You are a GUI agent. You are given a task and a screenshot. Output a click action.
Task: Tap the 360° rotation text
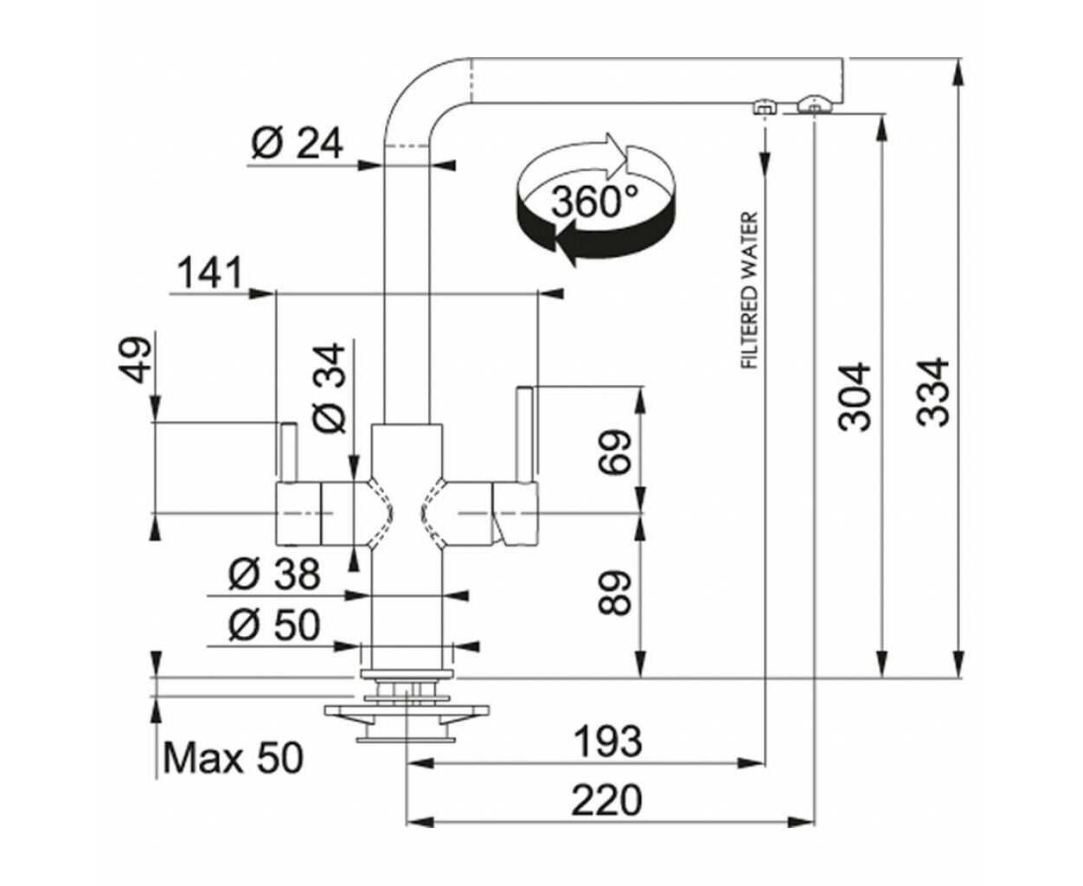tap(594, 201)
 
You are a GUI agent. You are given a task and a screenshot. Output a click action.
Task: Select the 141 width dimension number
tap(209, 273)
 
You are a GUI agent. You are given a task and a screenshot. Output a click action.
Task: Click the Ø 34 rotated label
tap(330, 388)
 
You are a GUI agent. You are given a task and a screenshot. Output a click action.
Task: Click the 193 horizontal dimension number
tap(608, 742)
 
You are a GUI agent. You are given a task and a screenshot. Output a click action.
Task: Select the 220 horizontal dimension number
tap(607, 799)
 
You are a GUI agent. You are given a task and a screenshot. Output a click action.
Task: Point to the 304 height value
tap(855, 396)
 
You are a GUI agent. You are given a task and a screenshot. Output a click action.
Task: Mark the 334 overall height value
tap(933, 393)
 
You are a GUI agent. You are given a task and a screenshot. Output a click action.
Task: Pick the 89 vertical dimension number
tap(613, 592)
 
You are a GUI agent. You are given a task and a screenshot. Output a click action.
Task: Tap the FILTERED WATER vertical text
tap(750, 290)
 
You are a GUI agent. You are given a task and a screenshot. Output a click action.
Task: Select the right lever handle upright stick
tap(524, 434)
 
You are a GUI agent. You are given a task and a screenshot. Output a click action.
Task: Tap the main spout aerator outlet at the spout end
tap(815, 105)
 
